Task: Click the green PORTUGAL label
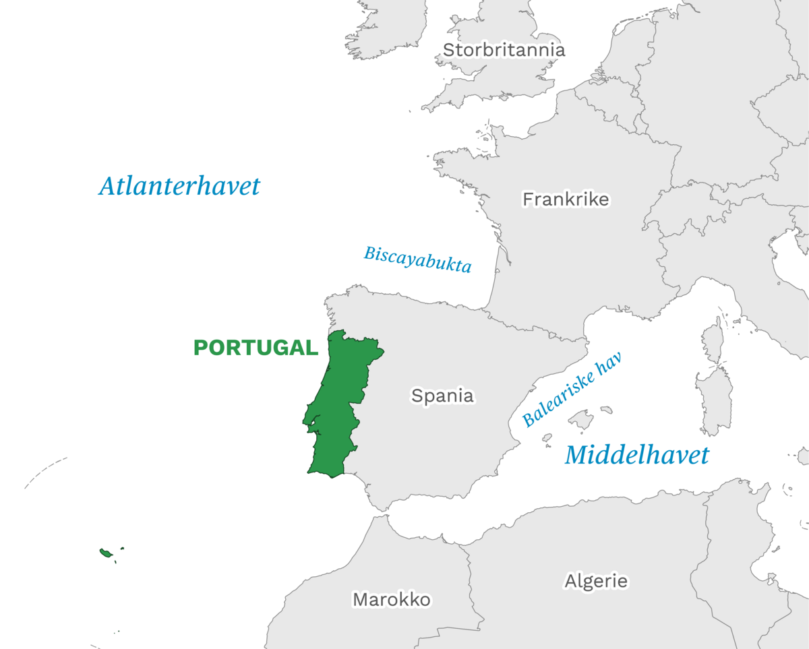tap(256, 348)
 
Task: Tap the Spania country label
tap(442, 396)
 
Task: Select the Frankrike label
tap(566, 199)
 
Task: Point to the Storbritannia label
tap(504, 50)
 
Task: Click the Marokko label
tap(391, 599)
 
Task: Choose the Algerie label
tap(596, 580)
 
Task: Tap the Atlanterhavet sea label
tap(179, 186)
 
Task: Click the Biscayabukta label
tap(417, 259)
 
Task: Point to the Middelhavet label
tap(636, 456)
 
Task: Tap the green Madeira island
tap(106, 553)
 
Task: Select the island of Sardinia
tap(714, 400)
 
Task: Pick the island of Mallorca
tap(581, 421)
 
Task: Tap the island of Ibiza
tap(547, 437)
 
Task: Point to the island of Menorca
tap(606, 410)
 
